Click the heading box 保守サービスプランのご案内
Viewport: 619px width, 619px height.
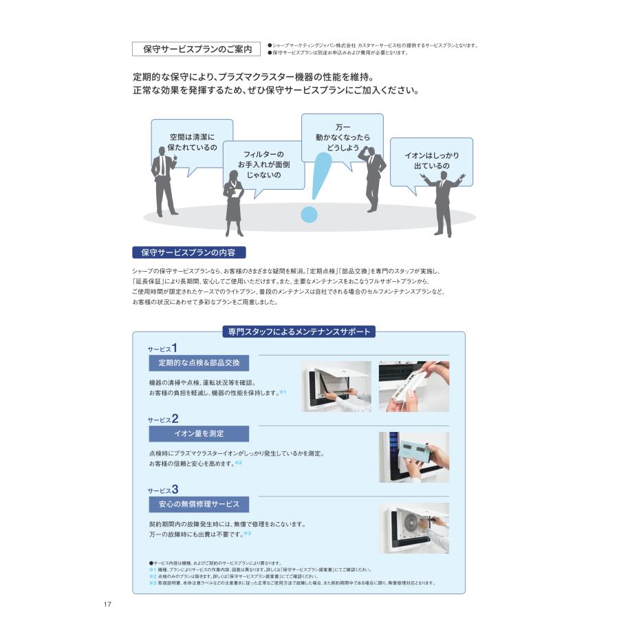coord(197,49)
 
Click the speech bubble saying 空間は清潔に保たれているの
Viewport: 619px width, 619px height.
coord(192,142)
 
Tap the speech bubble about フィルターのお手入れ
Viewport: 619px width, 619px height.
coord(263,165)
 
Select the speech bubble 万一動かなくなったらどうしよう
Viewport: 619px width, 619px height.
coord(342,138)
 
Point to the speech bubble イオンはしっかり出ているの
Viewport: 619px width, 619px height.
coord(431,161)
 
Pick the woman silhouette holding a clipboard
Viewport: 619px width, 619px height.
coord(233,203)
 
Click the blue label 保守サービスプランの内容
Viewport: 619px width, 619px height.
coord(188,252)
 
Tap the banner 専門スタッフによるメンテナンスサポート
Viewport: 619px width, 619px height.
coord(298,332)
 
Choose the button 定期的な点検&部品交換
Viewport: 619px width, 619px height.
coord(199,363)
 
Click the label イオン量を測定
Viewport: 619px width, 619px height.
coord(199,433)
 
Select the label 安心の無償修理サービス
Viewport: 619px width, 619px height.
coord(199,504)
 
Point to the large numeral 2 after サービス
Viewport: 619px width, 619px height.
coord(175,418)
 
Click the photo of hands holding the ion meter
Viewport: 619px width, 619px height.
coord(413,457)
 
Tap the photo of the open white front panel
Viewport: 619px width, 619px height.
coord(336,386)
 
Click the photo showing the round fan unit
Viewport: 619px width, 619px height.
coord(413,528)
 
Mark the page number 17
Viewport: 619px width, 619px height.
coord(108,604)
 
